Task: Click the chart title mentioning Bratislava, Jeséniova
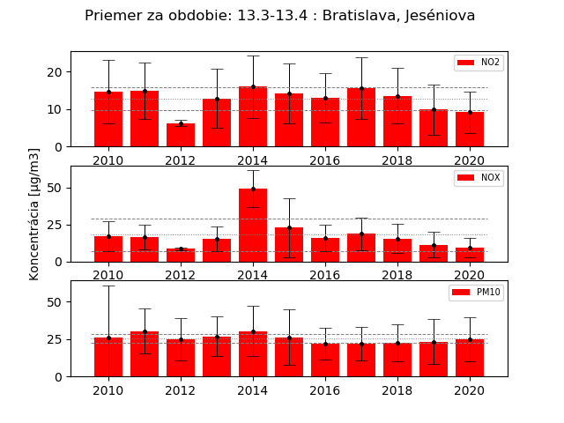(280, 16)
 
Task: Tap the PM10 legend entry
(476, 293)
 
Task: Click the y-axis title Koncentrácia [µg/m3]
(34, 214)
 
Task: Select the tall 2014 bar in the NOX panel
(253, 226)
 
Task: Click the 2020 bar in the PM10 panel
(470, 358)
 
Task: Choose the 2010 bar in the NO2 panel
(108, 119)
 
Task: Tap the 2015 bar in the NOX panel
(289, 244)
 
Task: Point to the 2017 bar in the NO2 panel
(361, 117)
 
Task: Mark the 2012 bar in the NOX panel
(181, 255)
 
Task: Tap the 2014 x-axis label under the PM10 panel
(253, 390)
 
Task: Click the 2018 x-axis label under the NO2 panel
(397, 160)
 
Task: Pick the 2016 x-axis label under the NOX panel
(325, 276)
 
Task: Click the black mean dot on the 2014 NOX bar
(253, 189)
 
